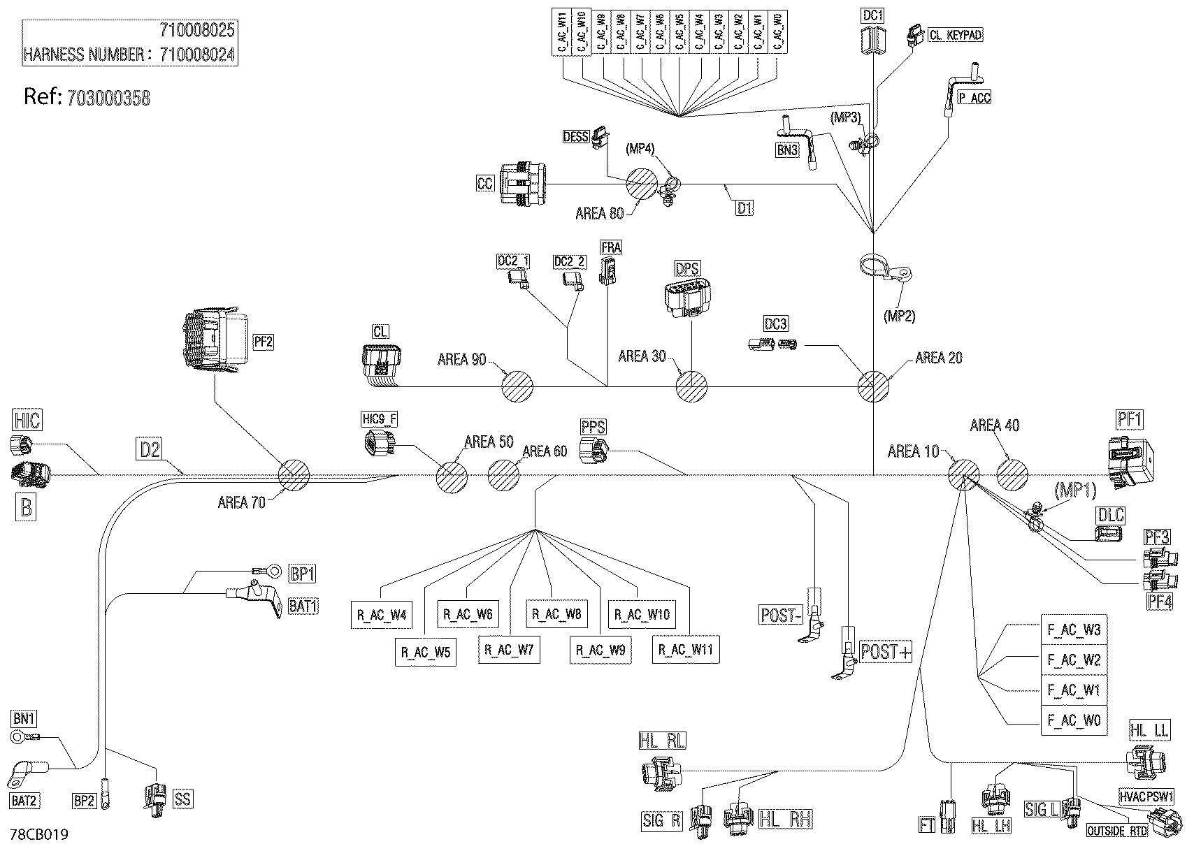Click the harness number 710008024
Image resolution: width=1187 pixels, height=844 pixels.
point(197,54)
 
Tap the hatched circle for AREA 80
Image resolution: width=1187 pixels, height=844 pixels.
point(641,185)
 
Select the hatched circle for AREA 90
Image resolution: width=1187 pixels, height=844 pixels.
point(517,386)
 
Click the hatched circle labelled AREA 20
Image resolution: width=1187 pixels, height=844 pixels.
point(873,386)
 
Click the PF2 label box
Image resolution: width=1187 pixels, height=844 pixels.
point(263,342)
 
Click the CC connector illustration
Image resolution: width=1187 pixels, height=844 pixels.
point(524,184)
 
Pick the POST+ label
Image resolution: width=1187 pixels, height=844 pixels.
point(886,653)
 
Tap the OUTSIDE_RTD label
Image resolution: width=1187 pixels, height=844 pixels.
point(1117,831)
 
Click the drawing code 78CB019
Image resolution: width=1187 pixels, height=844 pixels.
point(39,835)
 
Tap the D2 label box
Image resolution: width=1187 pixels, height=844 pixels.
point(150,449)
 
